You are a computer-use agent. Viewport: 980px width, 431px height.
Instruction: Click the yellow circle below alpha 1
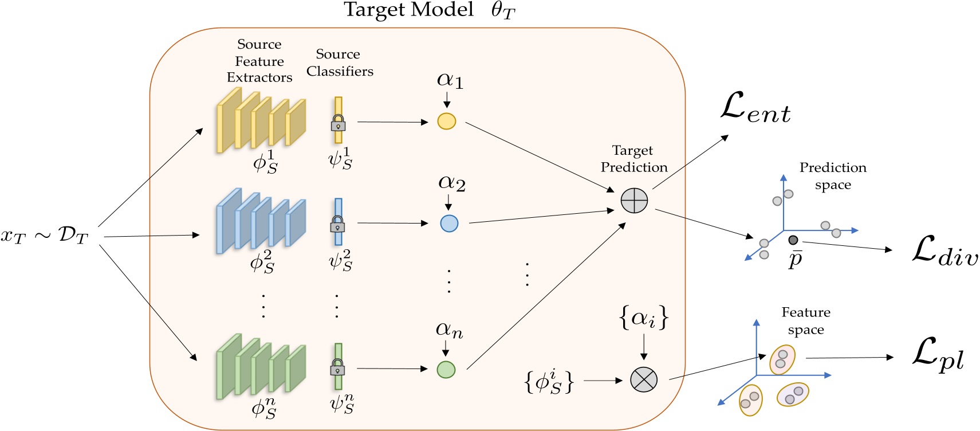pyautogui.click(x=446, y=122)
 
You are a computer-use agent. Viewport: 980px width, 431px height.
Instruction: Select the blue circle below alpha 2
pyautogui.click(x=449, y=224)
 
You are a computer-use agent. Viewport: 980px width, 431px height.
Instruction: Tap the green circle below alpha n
pyautogui.click(x=446, y=370)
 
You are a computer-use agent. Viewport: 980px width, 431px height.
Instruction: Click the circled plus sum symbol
pyautogui.click(x=634, y=201)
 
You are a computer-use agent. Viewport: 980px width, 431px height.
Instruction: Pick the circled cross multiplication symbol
pyautogui.click(x=643, y=379)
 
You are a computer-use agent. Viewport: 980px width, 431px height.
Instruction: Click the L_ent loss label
pyautogui.click(x=755, y=108)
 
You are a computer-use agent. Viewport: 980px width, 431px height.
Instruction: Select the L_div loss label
pyautogui.click(x=944, y=252)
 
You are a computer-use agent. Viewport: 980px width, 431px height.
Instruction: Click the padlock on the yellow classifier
pyautogui.click(x=338, y=123)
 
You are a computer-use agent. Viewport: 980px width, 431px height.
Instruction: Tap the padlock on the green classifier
pyautogui.click(x=337, y=367)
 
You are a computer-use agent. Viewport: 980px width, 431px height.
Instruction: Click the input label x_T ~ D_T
pyautogui.click(x=44, y=235)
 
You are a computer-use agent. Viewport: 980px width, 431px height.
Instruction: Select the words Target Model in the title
pyautogui.click(x=408, y=10)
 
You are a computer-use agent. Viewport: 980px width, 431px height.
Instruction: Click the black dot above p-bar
pyautogui.click(x=793, y=240)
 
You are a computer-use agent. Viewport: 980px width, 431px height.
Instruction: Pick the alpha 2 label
pyautogui.click(x=451, y=183)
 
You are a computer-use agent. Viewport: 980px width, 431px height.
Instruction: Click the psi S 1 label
pyautogui.click(x=340, y=159)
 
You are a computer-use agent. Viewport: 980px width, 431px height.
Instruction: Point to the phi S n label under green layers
pyautogui.click(x=263, y=408)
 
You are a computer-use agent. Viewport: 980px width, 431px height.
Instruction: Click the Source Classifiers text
pyautogui.click(x=339, y=62)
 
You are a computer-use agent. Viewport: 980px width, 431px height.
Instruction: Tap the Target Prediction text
pyautogui.click(x=633, y=159)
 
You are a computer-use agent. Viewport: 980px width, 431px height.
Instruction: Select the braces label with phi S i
pyautogui.click(x=549, y=381)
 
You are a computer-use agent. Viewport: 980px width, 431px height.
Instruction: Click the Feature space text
pyautogui.click(x=805, y=321)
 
